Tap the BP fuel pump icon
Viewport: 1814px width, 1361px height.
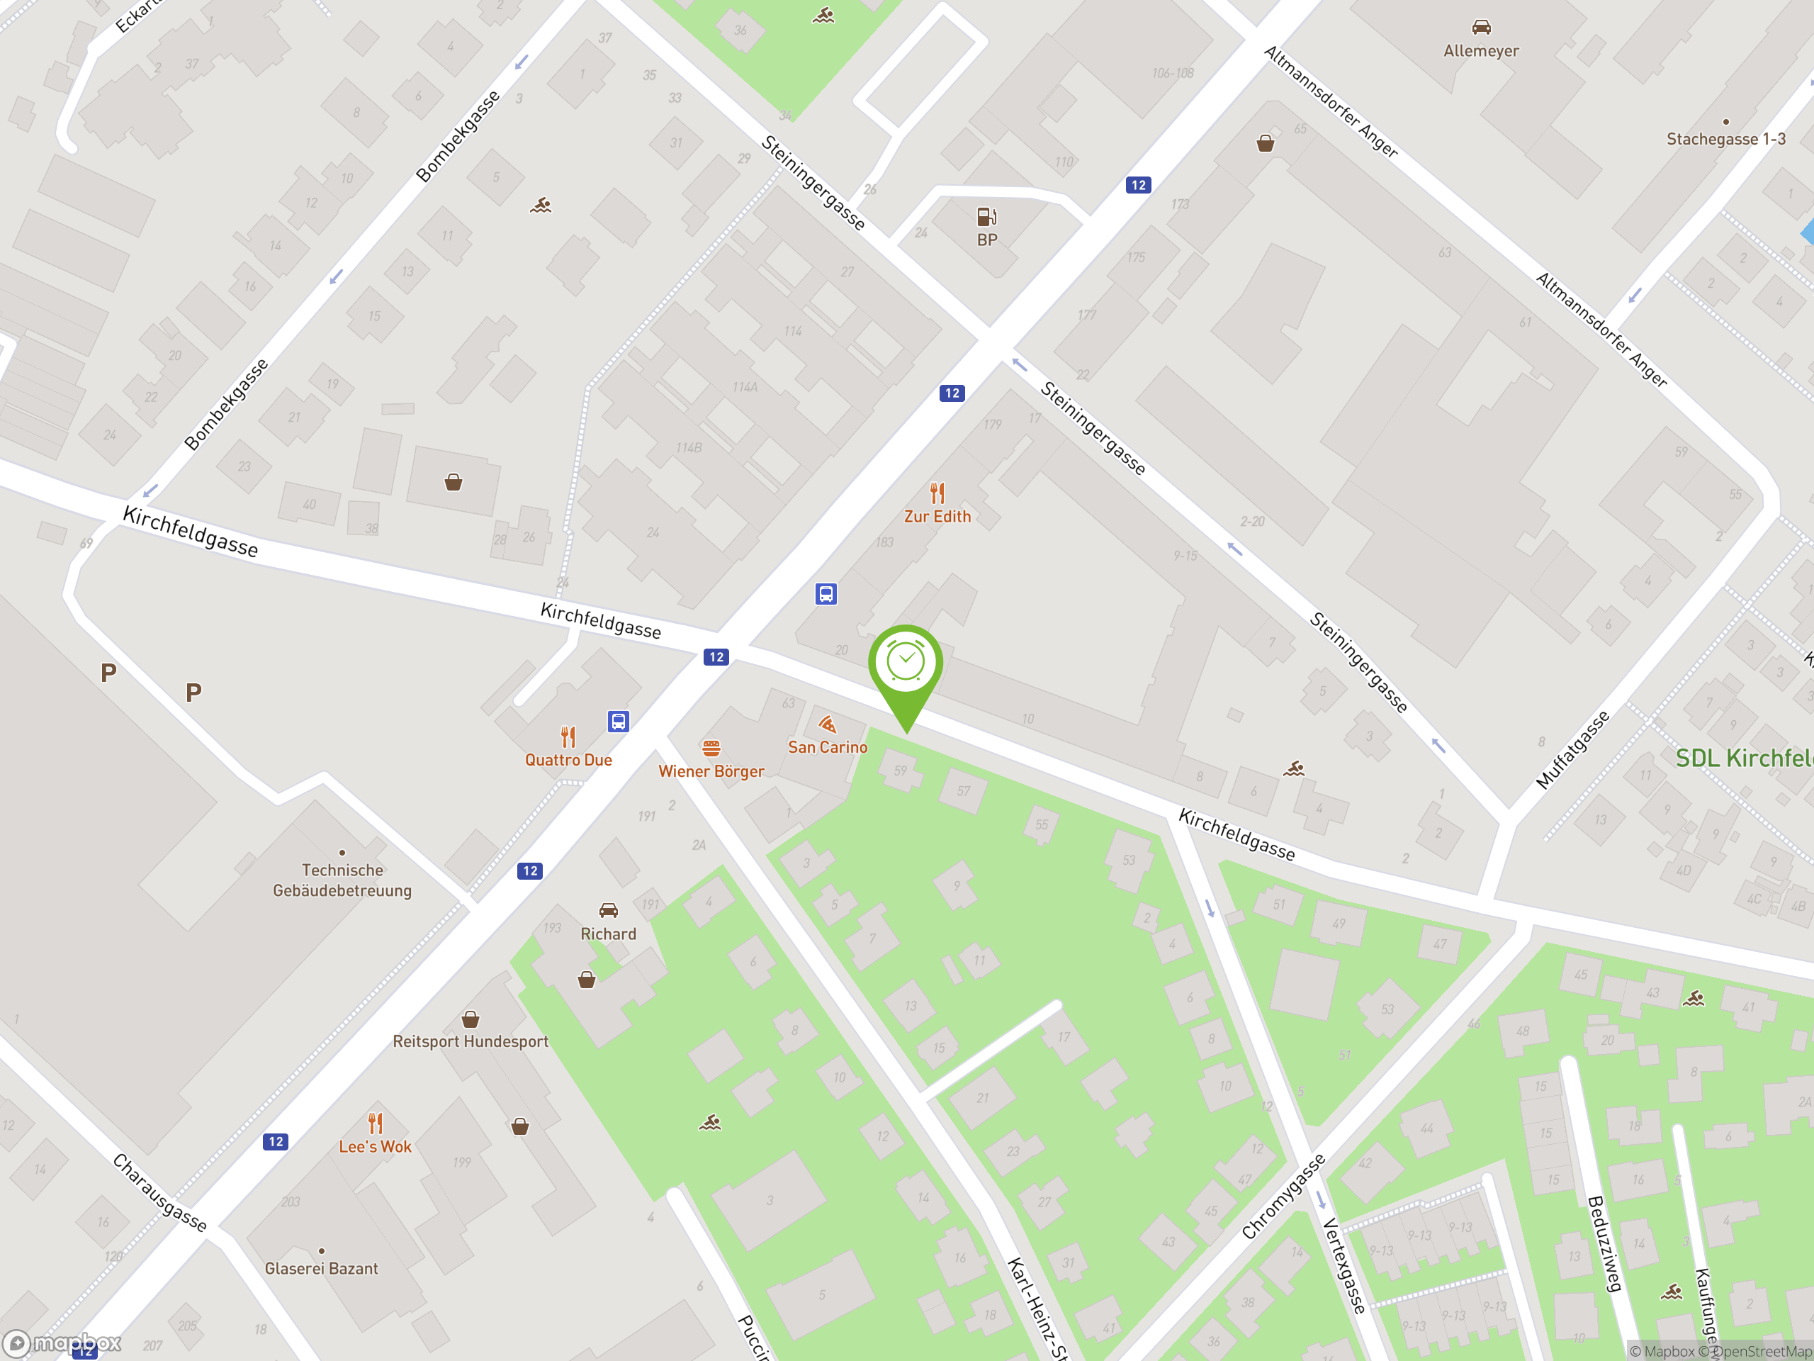tap(986, 217)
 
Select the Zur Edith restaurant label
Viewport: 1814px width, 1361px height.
tap(937, 516)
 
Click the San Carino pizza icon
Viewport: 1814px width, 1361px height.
tap(828, 724)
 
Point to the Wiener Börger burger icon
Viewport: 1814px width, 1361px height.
tap(711, 748)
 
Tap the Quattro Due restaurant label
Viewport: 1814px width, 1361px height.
tap(568, 760)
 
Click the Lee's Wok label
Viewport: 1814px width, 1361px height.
tap(375, 1146)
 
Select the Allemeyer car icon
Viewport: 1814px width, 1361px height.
tap(1480, 28)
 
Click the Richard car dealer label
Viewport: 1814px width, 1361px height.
tap(608, 934)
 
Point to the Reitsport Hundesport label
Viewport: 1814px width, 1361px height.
tap(470, 1041)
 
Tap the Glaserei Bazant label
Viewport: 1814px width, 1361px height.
tap(322, 1268)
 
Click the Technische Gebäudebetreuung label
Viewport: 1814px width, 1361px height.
tap(342, 880)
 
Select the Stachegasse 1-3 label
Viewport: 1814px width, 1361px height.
tap(1725, 139)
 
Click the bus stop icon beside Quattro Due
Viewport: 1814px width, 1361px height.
tap(619, 721)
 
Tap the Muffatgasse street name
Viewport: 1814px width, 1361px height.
tap(1572, 750)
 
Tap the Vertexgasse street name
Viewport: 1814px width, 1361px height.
tap(1343, 1266)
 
